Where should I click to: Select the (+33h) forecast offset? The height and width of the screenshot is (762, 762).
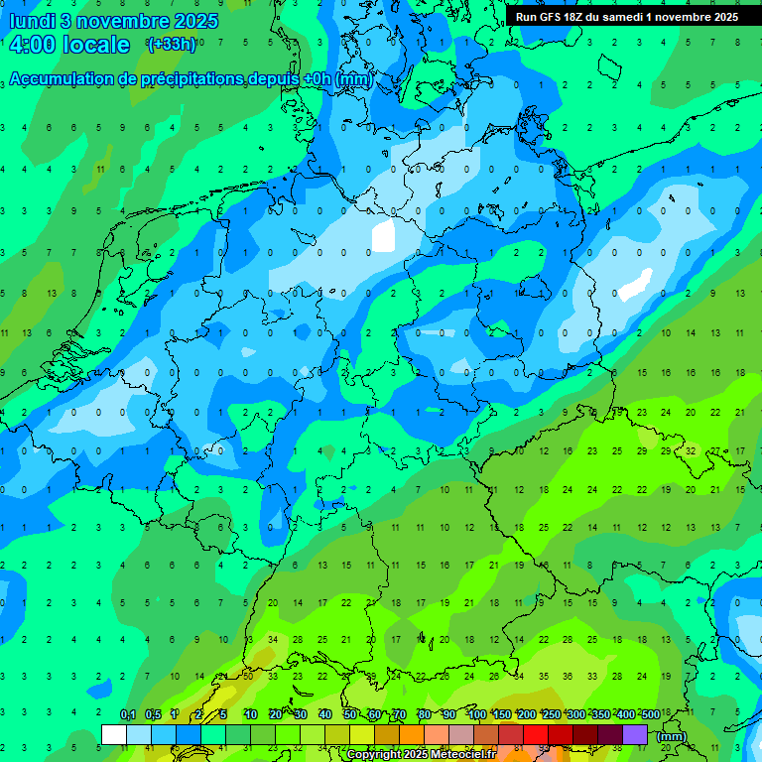point(172,44)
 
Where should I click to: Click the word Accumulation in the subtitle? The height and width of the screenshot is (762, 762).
point(66,79)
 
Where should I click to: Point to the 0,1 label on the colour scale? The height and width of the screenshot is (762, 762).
point(128,715)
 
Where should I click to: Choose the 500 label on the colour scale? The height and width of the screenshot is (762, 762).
point(650,715)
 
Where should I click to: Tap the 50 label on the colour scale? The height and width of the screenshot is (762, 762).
point(350,715)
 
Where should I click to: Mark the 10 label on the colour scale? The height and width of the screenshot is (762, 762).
point(251,715)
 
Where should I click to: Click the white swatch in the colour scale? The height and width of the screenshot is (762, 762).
point(114,734)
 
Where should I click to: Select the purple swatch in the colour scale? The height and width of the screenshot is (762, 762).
point(636,734)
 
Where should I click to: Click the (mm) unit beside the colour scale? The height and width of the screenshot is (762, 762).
point(672,736)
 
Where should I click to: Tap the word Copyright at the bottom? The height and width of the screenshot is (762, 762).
point(376,755)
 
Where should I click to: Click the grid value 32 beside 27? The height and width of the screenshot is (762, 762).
point(691,450)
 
